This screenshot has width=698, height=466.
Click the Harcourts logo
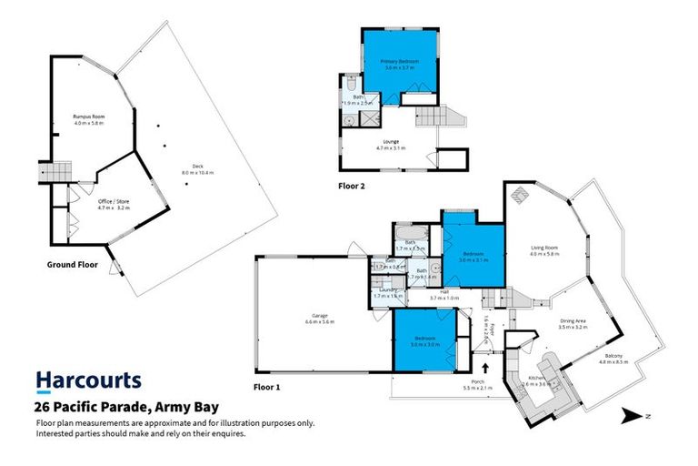pos(88,380)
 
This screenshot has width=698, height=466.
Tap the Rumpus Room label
pos(89,117)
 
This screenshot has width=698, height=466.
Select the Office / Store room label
pos(115,203)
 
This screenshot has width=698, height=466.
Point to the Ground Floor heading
pos(72,264)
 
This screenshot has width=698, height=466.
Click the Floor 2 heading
pos(352,186)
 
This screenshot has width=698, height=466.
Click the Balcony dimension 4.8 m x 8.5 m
pos(613,362)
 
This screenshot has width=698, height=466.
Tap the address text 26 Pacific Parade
pos(127,410)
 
